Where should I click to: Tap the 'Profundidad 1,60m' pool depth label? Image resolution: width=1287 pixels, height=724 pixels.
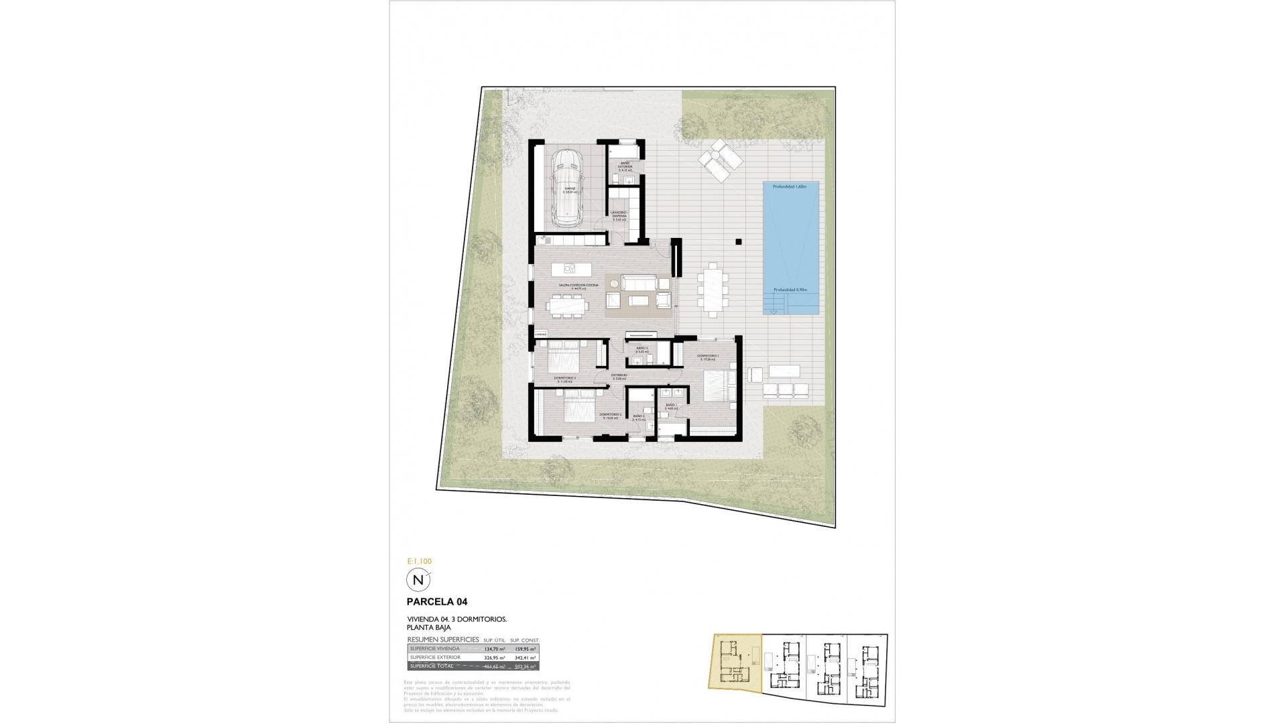tap(790, 186)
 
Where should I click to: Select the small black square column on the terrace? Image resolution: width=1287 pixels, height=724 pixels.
tap(738, 242)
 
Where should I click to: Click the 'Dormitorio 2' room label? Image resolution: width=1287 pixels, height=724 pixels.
tap(611, 416)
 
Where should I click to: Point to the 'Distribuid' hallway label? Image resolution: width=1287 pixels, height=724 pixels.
tap(619, 376)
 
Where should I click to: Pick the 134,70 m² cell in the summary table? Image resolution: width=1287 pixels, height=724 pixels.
tap(493, 649)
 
